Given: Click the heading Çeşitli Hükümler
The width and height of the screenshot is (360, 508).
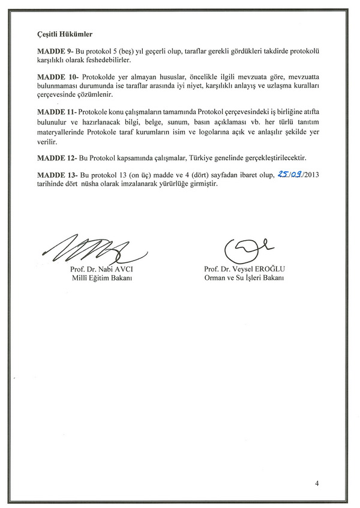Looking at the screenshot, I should pyautogui.click(x=64, y=35).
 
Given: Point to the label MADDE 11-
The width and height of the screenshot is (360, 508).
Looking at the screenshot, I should pyautogui.click(x=57, y=112).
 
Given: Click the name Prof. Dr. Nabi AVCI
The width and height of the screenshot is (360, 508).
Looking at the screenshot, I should pyautogui.click(x=100, y=270).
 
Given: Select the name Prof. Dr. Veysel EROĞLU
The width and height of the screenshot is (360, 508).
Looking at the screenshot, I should pyautogui.click(x=244, y=270).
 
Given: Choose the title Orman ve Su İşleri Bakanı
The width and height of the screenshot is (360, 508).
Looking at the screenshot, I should pyautogui.click(x=244, y=279).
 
